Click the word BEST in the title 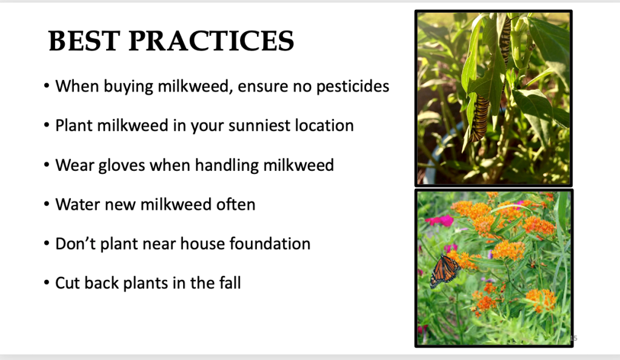tap(84, 41)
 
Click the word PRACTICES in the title tap(212, 41)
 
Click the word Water tap(78, 204)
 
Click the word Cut tap(67, 283)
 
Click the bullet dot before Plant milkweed tap(47, 125)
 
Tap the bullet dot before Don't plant tap(47, 243)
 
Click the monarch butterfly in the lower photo tap(445, 271)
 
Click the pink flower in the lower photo tap(439, 221)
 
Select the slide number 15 tap(574, 338)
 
